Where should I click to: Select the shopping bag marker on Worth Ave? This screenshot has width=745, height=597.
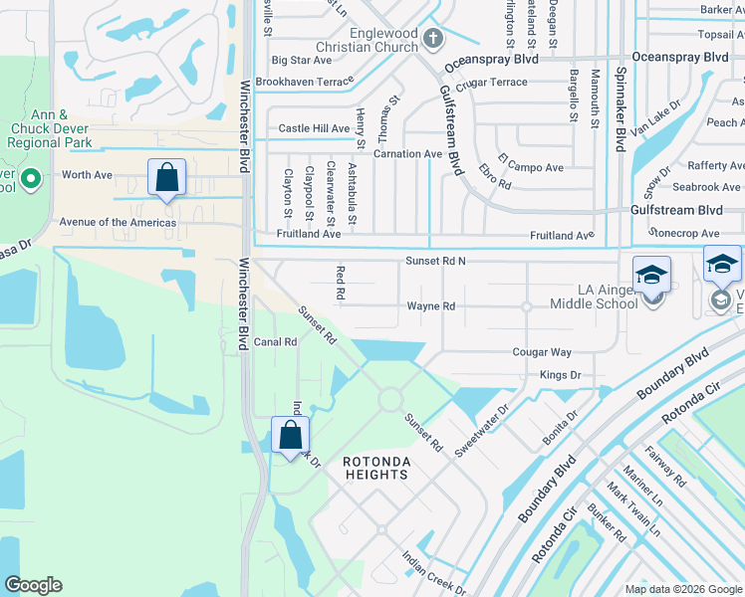167,178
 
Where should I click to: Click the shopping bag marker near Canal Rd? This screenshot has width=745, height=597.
290,435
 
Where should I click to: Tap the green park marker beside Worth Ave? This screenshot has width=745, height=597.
30,180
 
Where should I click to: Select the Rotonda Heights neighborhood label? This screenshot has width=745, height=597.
375,468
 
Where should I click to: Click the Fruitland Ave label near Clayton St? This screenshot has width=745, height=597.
310,234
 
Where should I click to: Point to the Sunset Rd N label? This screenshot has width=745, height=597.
436,261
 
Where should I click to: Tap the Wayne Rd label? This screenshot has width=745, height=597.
430,306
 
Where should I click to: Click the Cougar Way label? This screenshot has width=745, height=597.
542,352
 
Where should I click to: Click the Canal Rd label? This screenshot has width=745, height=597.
276,342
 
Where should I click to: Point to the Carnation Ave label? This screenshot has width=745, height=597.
407,154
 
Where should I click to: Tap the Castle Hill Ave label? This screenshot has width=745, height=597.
314,128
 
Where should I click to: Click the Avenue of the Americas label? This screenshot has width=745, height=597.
118,223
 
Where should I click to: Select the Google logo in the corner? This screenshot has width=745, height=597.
33,585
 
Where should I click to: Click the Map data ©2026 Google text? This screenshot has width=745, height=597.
682,589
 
